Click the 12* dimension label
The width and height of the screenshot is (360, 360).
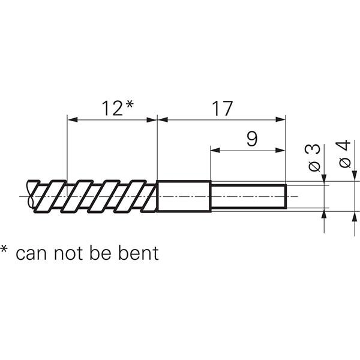coord(117,109)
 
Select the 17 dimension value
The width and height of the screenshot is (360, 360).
coord(221,109)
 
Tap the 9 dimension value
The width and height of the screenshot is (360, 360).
coord(253,139)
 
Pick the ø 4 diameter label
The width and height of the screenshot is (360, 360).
coord(344,154)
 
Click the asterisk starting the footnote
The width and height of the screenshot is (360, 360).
coord(5,249)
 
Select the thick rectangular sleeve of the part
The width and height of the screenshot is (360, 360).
coord(184,196)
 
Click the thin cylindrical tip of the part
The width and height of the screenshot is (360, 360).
coord(248,196)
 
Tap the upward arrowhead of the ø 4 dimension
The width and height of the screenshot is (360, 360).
coord(354,214)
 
